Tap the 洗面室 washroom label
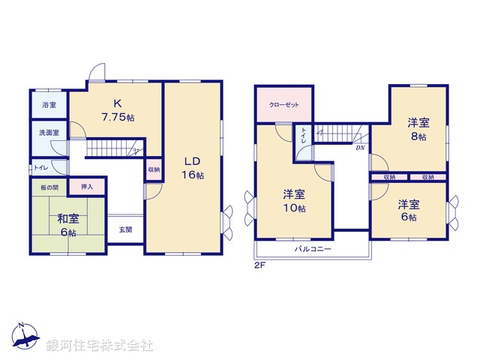pos(49,132)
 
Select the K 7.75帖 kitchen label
pos(118,112)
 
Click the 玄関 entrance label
pos(124,229)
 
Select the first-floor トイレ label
pos(40,168)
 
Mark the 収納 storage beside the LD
pos(152,169)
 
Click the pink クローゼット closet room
pos(282,104)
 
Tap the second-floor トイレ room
pos(303,139)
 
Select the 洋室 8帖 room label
pos(418,128)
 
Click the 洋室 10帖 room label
pos(293,201)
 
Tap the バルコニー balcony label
pos(312,248)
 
